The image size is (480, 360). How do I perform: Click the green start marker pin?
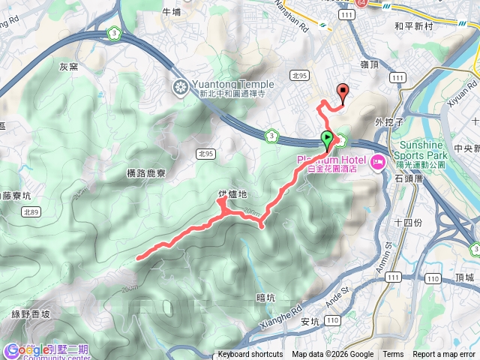[327, 138]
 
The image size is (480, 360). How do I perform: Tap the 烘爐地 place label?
[232, 196]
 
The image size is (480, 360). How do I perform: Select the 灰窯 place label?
[68, 67]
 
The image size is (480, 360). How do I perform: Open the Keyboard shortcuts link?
[250, 355]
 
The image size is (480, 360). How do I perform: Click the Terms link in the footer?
[393, 355]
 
